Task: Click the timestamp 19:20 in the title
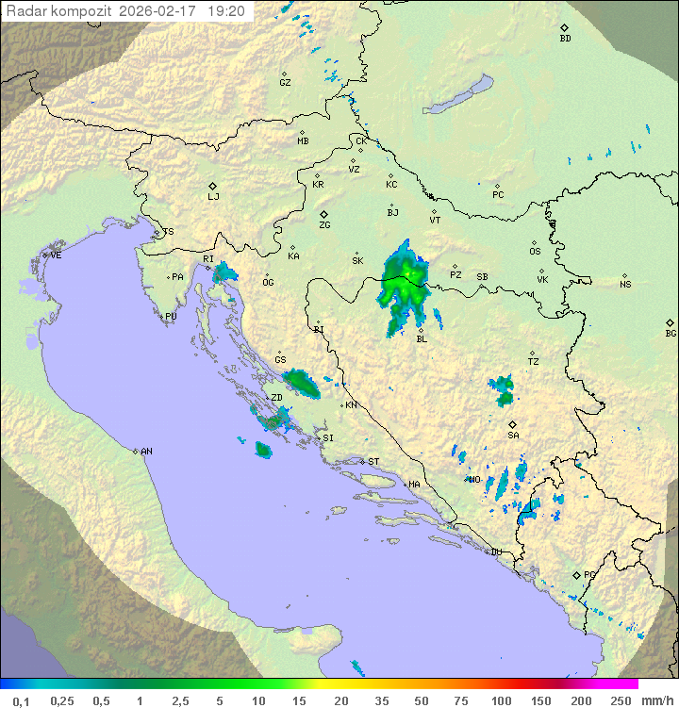click(x=226, y=11)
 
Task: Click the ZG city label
click(x=324, y=225)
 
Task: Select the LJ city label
click(x=213, y=196)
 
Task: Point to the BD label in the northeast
click(x=565, y=39)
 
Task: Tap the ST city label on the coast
click(x=373, y=462)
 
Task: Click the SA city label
click(x=513, y=435)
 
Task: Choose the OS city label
click(x=535, y=252)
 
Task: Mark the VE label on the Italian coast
click(x=56, y=255)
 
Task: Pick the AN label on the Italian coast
click(x=146, y=452)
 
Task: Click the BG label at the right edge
click(x=671, y=333)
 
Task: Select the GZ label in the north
click(x=285, y=83)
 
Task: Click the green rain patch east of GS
click(x=303, y=382)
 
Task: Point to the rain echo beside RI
click(x=224, y=274)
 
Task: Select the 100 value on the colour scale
click(x=501, y=700)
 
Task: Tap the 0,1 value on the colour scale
click(x=21, y=700)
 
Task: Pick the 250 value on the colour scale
click(x=621, y=700)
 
